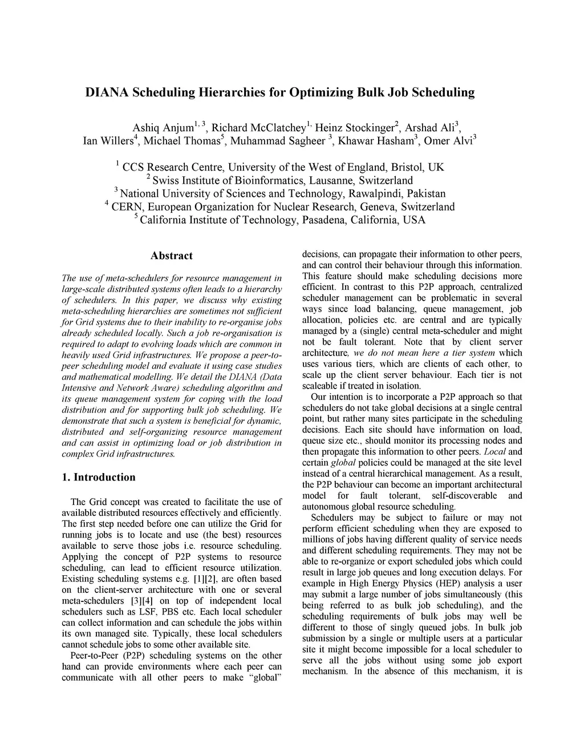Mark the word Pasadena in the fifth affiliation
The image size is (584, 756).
(322, 220)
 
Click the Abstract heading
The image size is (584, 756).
(172, 256)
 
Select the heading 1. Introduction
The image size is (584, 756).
(99, 478)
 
